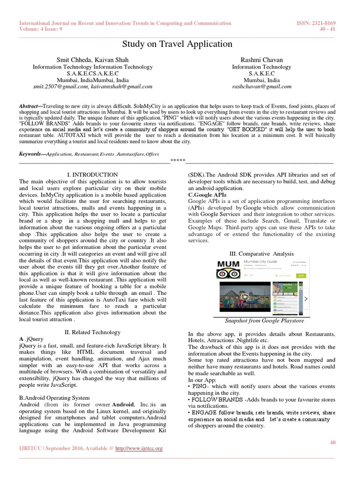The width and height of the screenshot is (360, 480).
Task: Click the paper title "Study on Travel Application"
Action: click(x=177, y=44)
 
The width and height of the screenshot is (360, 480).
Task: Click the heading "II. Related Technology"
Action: click(x=92, y=332)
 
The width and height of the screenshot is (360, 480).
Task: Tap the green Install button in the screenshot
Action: click(x=300, y=276)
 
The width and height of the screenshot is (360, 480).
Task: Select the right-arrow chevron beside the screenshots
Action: click(x=306, y=299)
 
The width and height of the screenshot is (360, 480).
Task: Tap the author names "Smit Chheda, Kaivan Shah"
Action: click(x=92, y=60)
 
